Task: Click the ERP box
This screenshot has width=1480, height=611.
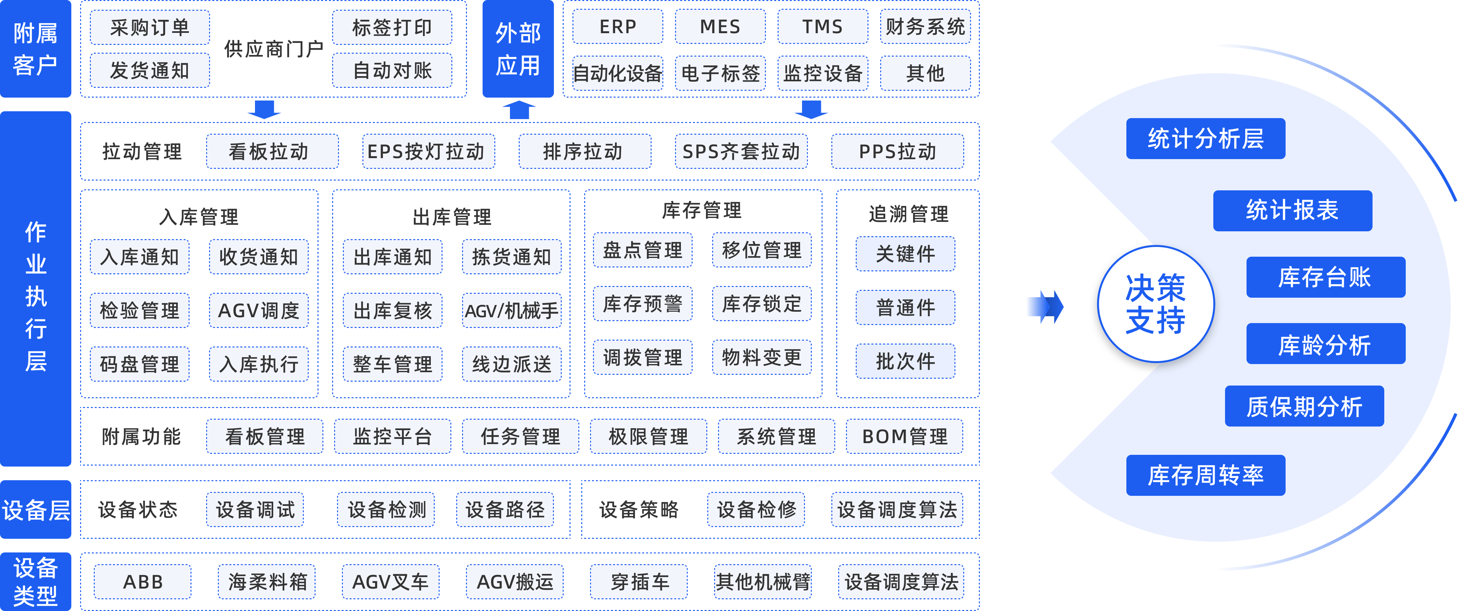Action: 618,27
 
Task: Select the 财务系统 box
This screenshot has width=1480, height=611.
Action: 925,27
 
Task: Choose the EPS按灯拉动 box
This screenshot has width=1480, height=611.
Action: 428,152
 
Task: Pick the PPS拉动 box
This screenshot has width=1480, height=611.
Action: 897,152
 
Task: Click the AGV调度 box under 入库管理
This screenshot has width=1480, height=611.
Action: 259,311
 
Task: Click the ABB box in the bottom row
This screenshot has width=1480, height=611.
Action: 143,582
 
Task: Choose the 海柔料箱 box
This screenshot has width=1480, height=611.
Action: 267,582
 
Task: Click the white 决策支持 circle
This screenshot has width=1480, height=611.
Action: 1155,304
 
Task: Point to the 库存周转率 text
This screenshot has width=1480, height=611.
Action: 1205,475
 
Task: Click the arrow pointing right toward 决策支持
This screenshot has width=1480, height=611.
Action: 1042,307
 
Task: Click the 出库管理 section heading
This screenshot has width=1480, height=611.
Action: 452,217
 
